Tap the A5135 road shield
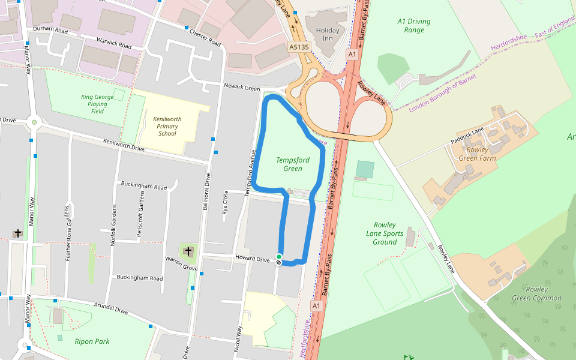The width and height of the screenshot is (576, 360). pos(299,47)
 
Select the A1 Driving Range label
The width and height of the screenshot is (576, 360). pos(414,25)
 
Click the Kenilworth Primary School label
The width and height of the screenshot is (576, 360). pos(167,126)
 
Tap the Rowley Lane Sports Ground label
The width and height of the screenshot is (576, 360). pos(385,233)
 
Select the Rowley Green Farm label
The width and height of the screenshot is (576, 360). pos(478,154)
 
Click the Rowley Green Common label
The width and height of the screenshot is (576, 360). pos(536,293)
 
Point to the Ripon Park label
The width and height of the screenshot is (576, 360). pos(92,341)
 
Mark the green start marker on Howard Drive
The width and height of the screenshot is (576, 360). pos(279,257)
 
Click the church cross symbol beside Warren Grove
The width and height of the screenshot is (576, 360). pos(188,251)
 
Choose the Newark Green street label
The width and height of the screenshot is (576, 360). pos(242,88)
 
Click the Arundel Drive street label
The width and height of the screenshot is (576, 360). pos(111,308)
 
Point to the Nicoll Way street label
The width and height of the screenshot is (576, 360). pos(238,338)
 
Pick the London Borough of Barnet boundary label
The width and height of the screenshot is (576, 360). pos(443,93)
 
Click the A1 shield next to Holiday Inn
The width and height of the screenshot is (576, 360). pos(352,54)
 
